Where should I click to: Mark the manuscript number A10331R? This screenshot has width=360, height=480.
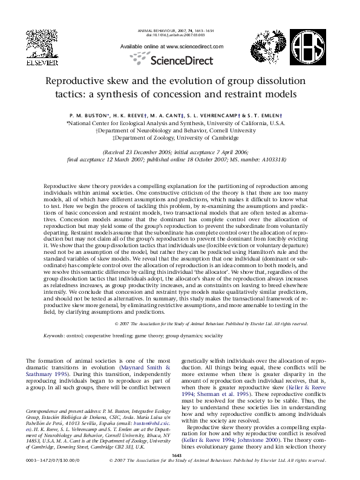click(272, 160)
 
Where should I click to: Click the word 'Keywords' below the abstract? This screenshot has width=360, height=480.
click(54, 335)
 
